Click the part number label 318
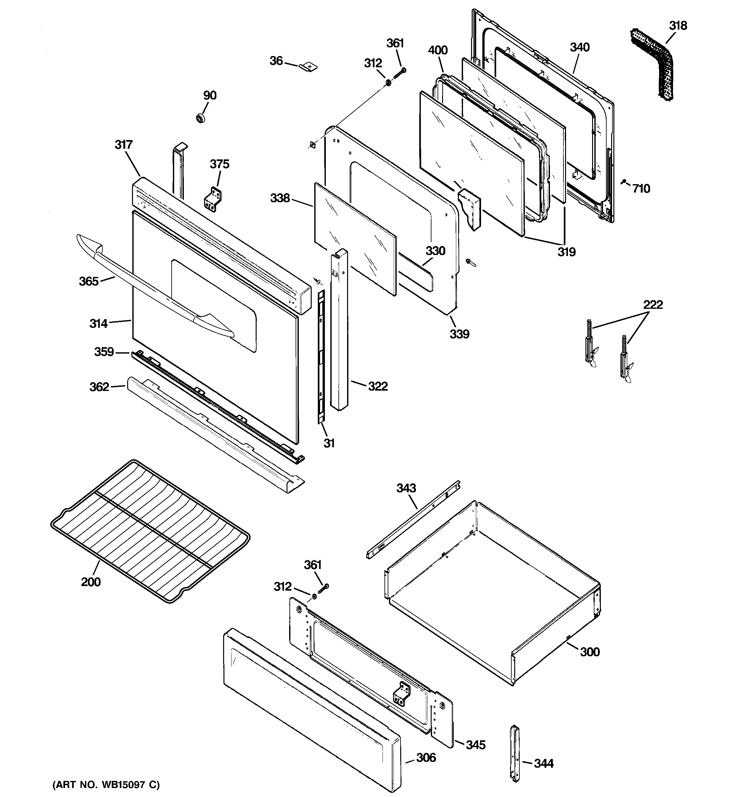(x=678, y=26)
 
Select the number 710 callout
(x=641, y=188)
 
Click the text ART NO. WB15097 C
(x=106, y=784)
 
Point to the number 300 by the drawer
(x=590, y=651)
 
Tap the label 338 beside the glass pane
(x=279, y=198)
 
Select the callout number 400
(x=438, y=50)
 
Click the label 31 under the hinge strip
(x=329, y=443)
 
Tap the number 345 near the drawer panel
(x=476, y=745)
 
